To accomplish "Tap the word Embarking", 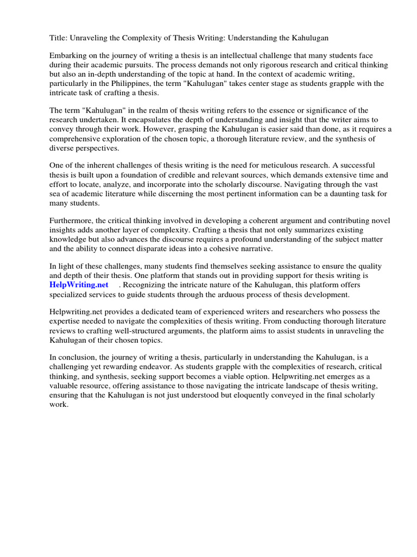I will click(69, 55).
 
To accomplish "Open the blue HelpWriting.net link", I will click(79, 284).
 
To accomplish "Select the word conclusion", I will click(77, 357).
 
